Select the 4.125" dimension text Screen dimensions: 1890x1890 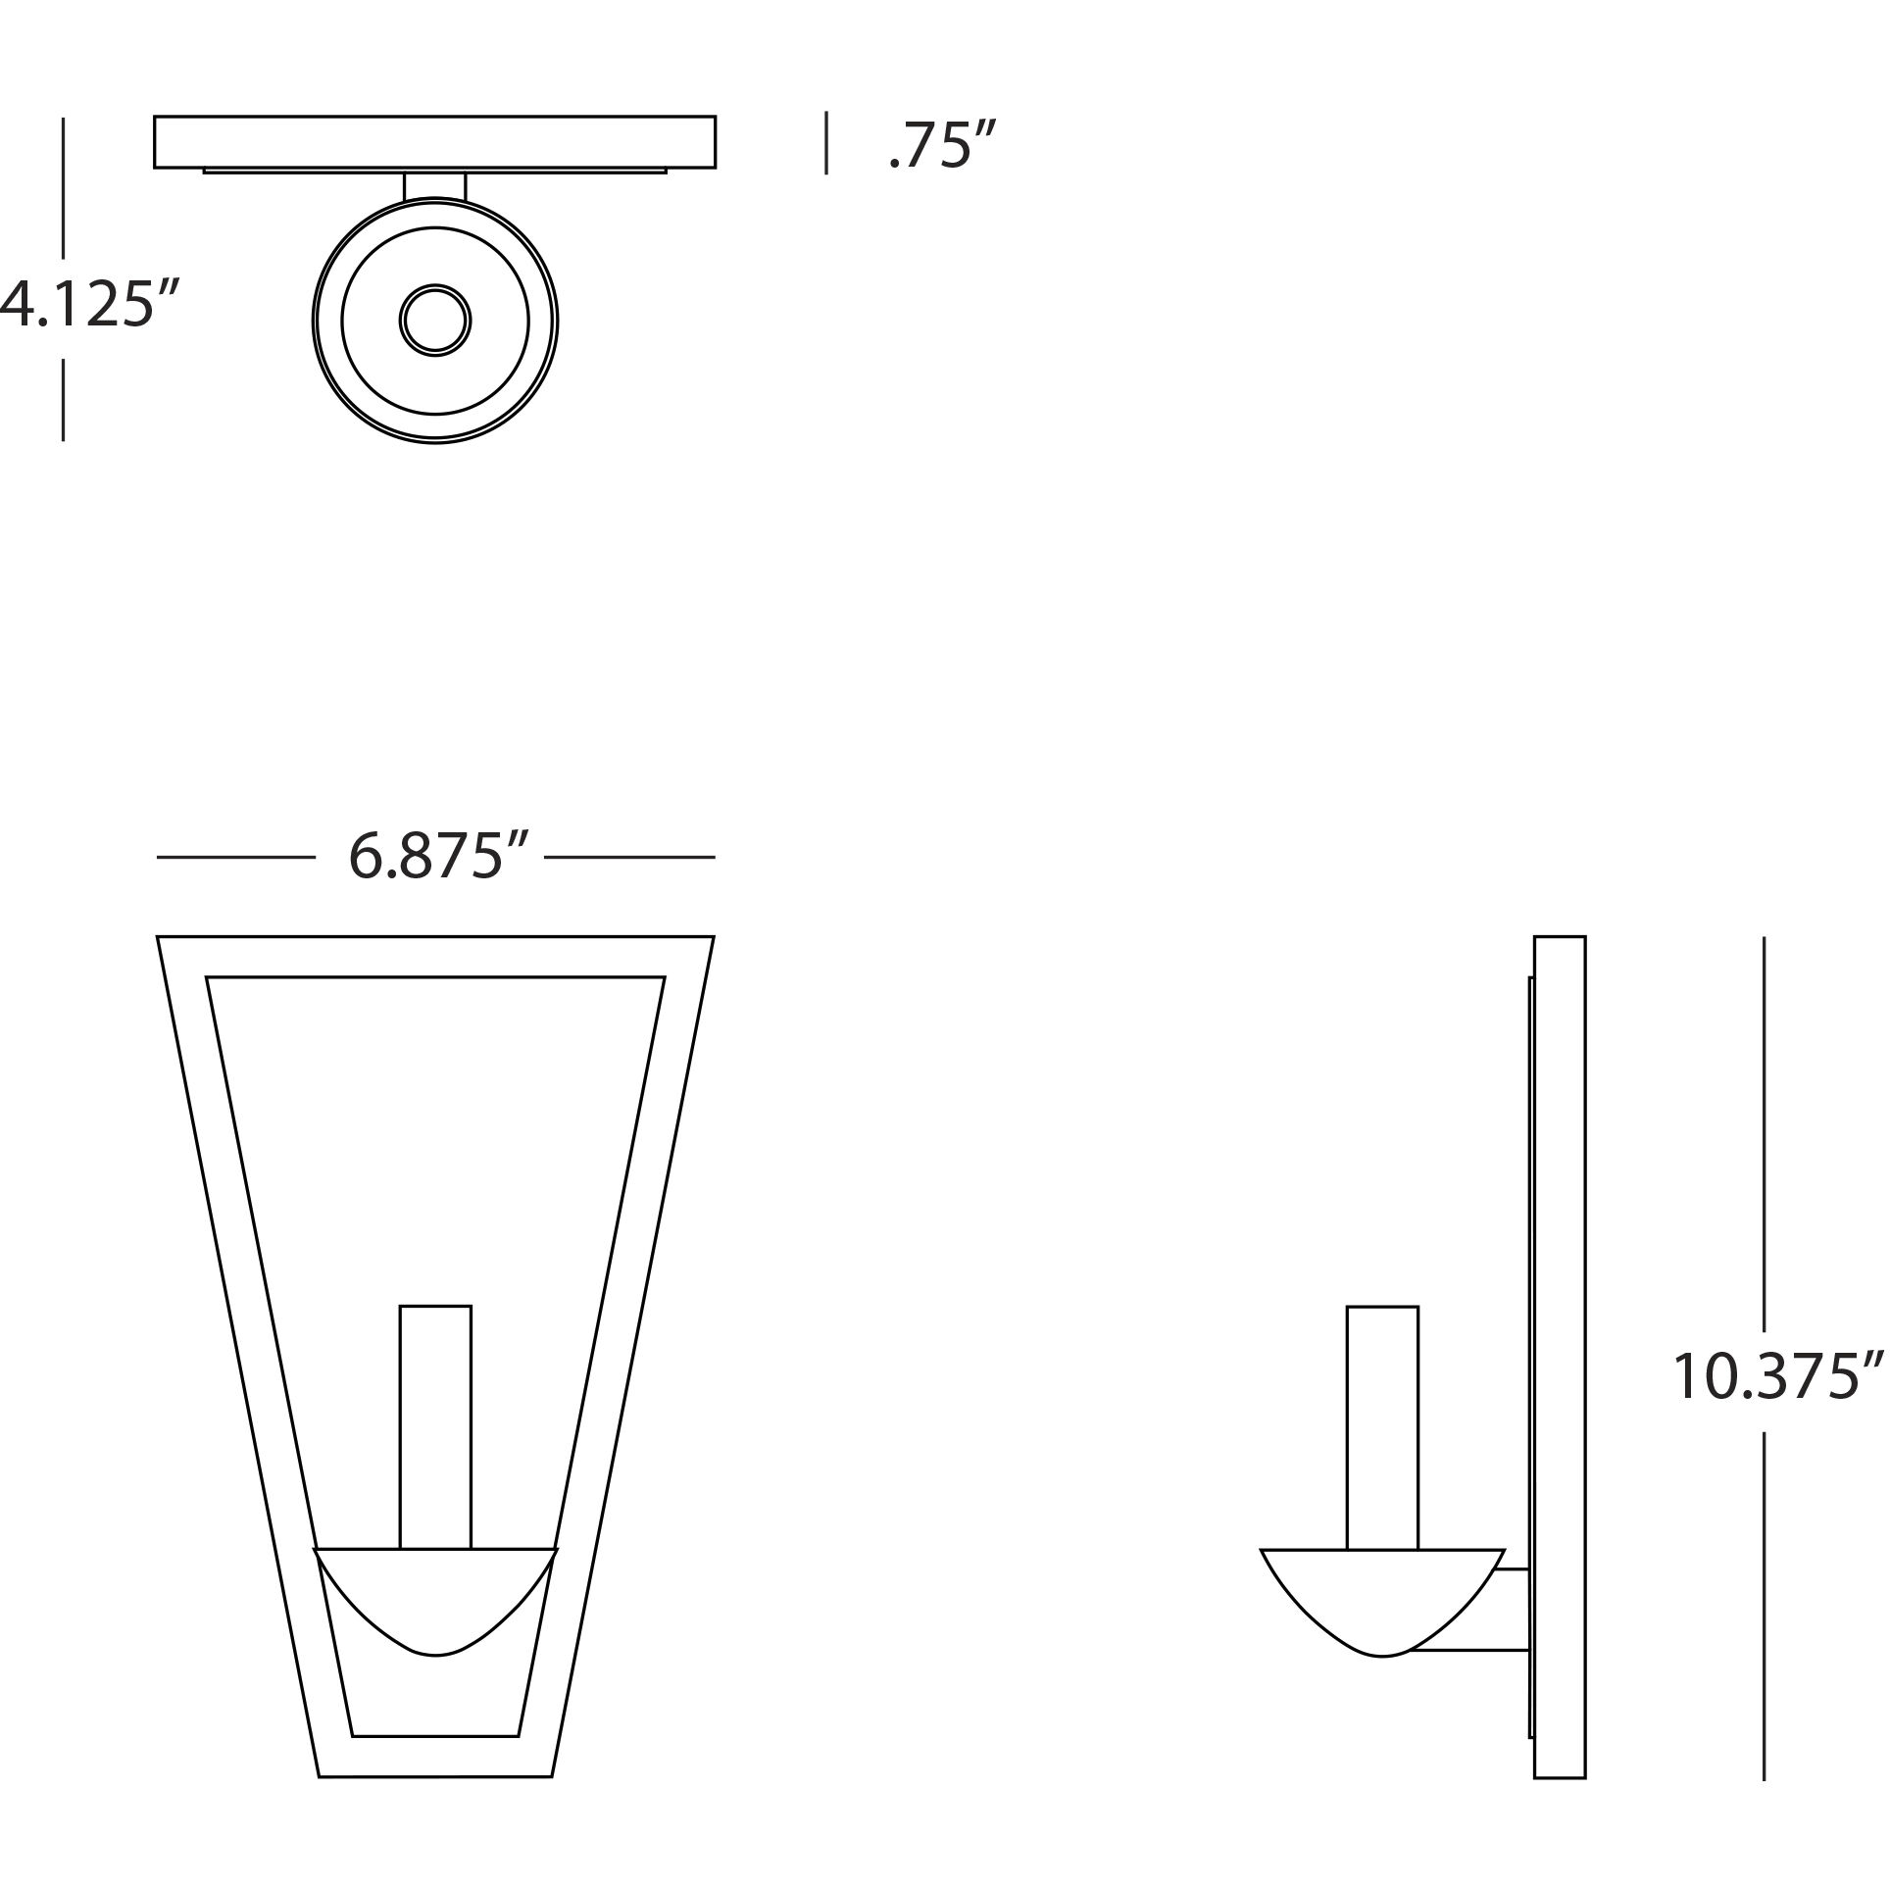[x=90, y=304]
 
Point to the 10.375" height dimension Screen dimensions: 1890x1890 [x=1777, y=1375]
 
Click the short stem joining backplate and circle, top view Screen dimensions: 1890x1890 [x=435, y=186]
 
